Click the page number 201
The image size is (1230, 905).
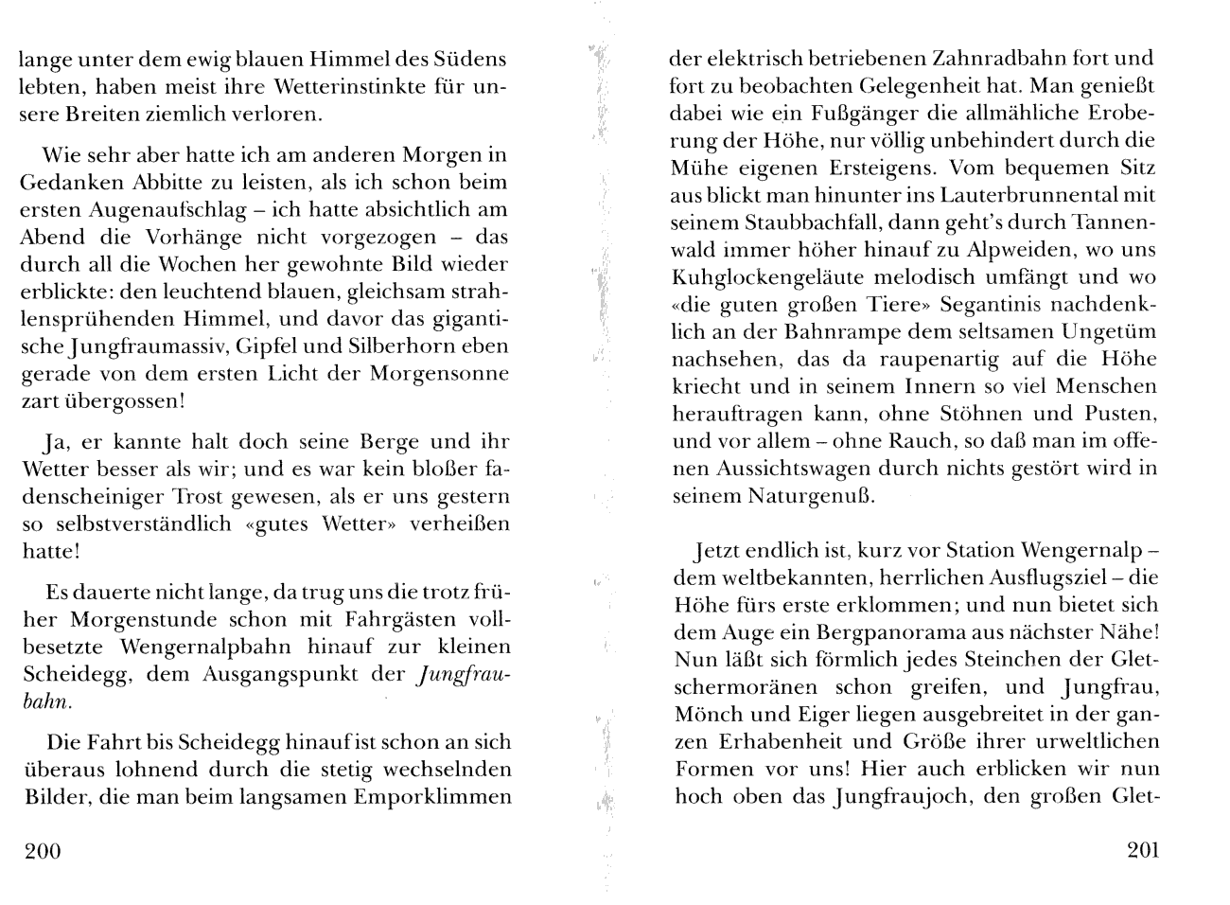pyautogui.click(x=1143, y=849)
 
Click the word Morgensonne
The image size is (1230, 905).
pyautogui.click(x=438, y=373)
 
